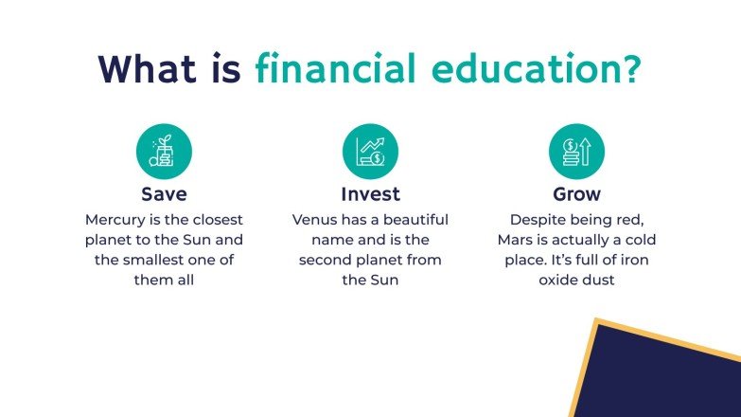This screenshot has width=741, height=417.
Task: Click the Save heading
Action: point(165,194)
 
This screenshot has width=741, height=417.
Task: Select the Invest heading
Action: point(370,194)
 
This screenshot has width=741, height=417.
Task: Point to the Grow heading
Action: point(576,194)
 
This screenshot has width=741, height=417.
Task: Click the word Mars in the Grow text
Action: point(517,240)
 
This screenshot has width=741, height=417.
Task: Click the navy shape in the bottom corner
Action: point(662,379)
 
